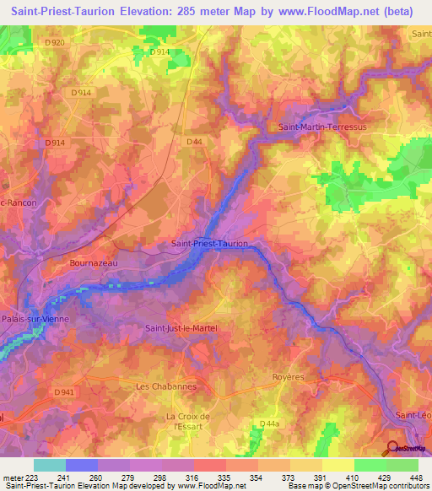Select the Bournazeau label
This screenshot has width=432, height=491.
(92, 263)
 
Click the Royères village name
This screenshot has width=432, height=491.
(288, 377)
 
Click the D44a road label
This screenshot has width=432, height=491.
(269, 423)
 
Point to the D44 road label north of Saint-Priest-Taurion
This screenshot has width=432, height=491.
(195, 142)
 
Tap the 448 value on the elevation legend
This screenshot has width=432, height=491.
(417, 478)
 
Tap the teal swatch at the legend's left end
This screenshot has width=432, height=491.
(49, 465)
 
